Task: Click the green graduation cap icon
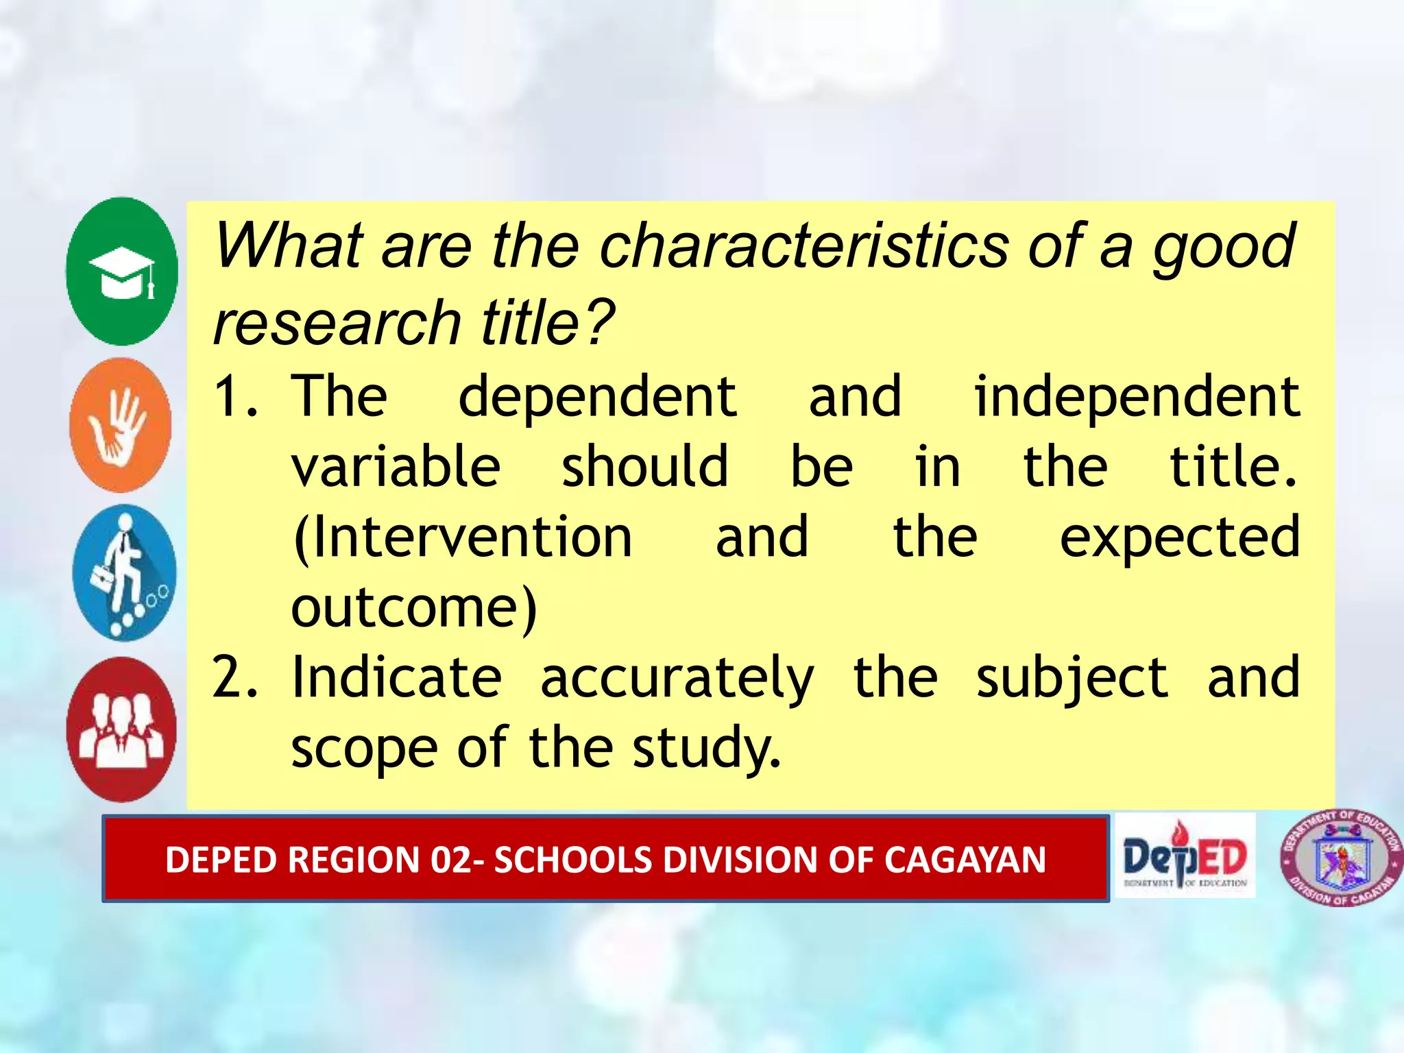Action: click(122, 271)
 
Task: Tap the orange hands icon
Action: click(121, 425)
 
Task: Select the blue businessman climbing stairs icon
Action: click(124, 573)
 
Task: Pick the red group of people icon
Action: click(121, 729)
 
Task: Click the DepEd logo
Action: click(1185, 856)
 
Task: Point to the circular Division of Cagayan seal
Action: click(1341, 858)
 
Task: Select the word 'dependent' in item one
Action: click(597, 398)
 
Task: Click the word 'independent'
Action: click(1137, 398)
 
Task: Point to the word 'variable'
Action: click(396, 467)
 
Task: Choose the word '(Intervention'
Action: click(462, 538)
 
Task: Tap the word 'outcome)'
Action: click(414, 607)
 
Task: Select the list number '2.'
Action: click(235, 678)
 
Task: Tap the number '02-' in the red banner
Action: click(452, 860)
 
